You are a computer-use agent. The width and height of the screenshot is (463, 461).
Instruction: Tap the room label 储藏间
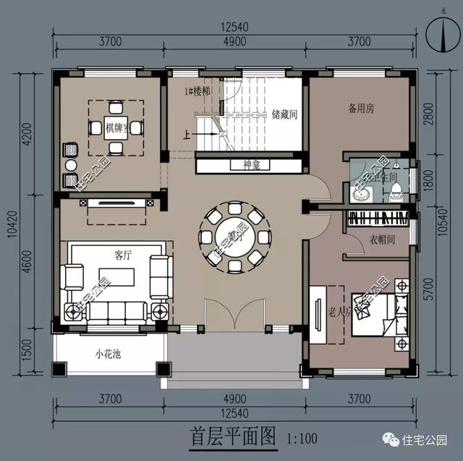pos(285,114)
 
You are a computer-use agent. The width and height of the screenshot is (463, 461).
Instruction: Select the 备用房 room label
pos(361,109)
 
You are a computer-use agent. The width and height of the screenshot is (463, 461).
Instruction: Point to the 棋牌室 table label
pos(116,129)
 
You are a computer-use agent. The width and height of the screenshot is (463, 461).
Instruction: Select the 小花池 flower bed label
pos(107,355)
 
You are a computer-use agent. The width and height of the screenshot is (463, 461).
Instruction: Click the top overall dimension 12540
pos(234,27)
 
